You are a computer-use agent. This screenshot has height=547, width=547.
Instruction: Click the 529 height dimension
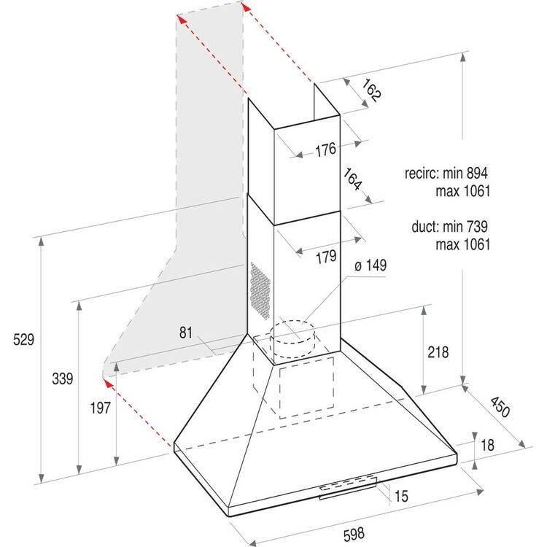coord(24,339)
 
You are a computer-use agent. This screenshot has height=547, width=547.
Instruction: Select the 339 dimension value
coord(63,379)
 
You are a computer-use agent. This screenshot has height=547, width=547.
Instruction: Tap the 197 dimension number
coord(101,408)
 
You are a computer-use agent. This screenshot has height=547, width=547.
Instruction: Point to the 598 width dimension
coord(354,534)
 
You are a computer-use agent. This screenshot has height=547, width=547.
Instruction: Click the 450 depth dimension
coord(500,407)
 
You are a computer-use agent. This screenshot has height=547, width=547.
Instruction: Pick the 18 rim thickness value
coord(487,445)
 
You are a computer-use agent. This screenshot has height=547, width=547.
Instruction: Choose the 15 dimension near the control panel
coord(401,496)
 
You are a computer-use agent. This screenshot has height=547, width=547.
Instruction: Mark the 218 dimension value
coord(438,352)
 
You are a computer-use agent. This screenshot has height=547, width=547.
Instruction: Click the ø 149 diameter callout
coord(371,265)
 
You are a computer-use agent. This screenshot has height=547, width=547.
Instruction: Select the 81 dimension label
coord(186,333)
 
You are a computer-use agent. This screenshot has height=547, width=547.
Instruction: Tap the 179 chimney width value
coord(326,257)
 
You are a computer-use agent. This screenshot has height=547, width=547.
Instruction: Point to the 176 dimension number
coord(325,150)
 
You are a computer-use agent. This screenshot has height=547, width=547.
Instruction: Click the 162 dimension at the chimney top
coord(371,90)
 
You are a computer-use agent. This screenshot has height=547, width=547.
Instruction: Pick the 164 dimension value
coord(352,179)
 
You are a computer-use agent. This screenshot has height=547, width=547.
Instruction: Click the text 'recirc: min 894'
coord(446,173)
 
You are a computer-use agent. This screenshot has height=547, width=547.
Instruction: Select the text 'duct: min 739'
coord(449,226)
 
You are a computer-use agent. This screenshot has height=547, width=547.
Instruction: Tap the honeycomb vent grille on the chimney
coord(260,290)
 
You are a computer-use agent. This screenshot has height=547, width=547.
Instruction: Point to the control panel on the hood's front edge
coord(348,487)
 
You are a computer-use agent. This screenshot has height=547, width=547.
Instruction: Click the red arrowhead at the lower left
coord(109,384)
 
